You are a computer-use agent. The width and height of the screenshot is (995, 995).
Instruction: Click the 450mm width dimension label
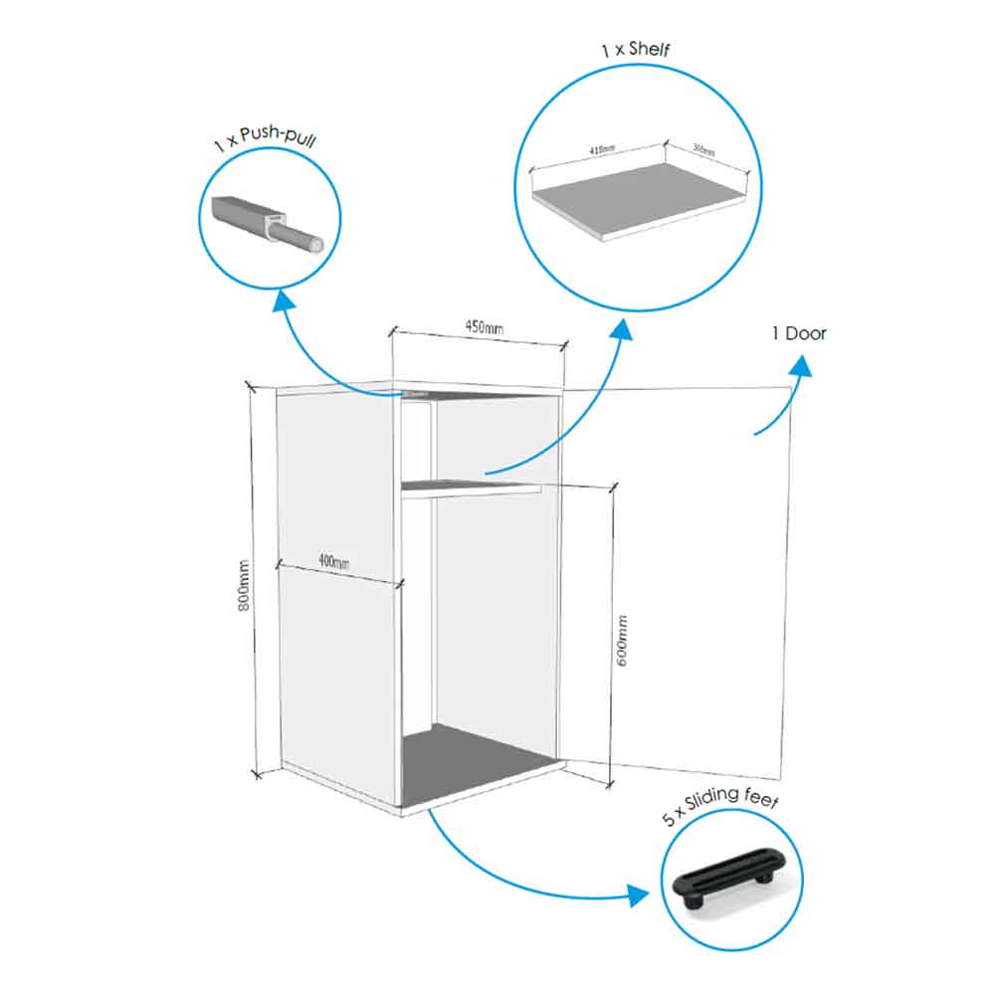(483, 326)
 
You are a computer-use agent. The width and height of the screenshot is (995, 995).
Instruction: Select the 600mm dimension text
(624, 640)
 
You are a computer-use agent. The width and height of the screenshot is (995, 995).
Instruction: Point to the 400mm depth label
(333, 562)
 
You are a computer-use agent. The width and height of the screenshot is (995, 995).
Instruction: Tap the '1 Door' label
(798, 333)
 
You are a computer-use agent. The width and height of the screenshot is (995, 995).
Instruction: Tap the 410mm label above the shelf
(602, 149)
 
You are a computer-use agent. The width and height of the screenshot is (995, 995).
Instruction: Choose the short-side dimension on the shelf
(703, 150)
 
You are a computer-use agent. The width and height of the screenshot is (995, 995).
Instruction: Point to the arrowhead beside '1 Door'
(801, 368)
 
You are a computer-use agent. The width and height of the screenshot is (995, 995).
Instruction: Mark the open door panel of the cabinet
(696, 577)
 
